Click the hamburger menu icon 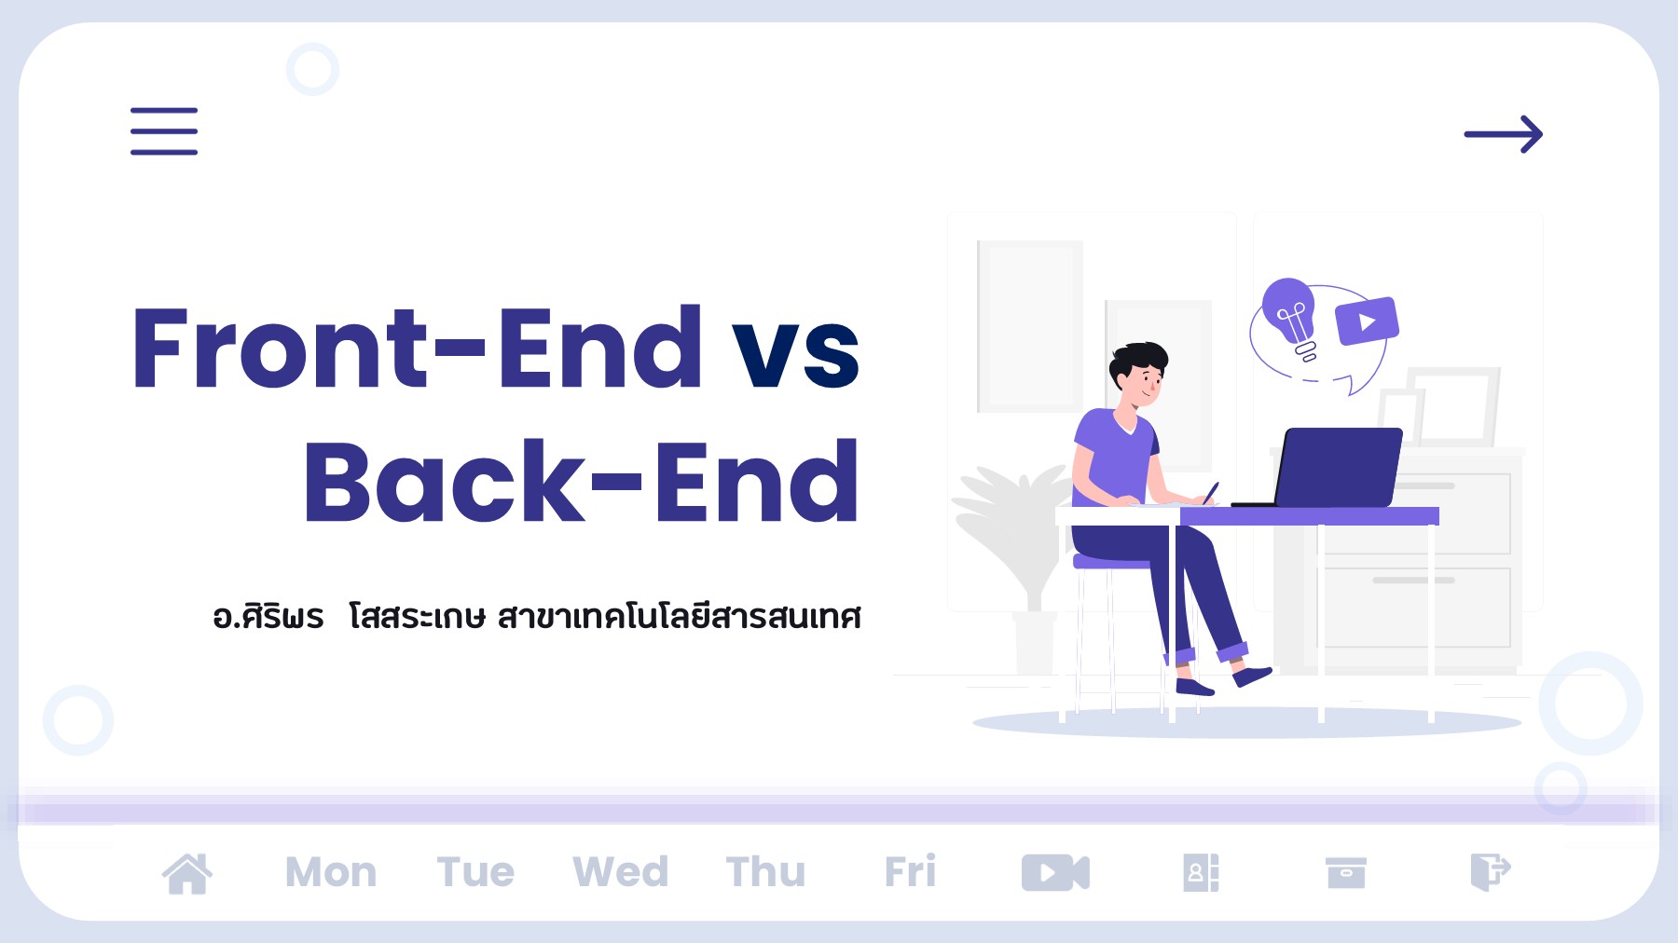click(164, 131)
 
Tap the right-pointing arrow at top click(1503, 134)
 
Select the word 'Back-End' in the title click(580, 483)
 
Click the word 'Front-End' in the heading click(417, 348)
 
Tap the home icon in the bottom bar click(187, 873)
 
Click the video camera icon click(1055, 873)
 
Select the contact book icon click(1201, 873)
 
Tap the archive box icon click(1345, 873)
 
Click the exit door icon click(1490, 873)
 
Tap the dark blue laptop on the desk click(1339, 466)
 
